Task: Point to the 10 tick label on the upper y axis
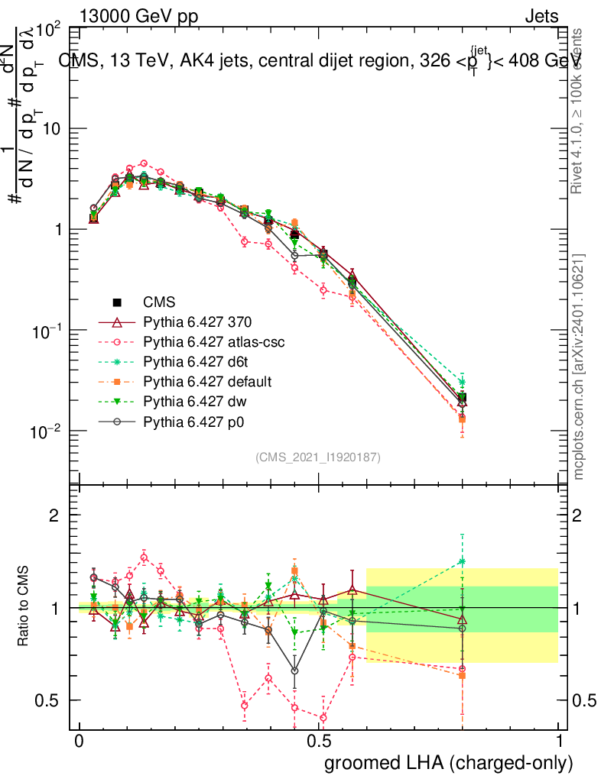(51, 129)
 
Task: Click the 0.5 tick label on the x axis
(319, 742)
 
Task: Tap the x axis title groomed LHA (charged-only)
(449, 763)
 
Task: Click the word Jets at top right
(541, 16)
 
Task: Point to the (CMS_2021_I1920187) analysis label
(318, 457)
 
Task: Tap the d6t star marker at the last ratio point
(462, 561)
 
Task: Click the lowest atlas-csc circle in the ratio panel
(323, 717)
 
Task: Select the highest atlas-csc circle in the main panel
(143, 163)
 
